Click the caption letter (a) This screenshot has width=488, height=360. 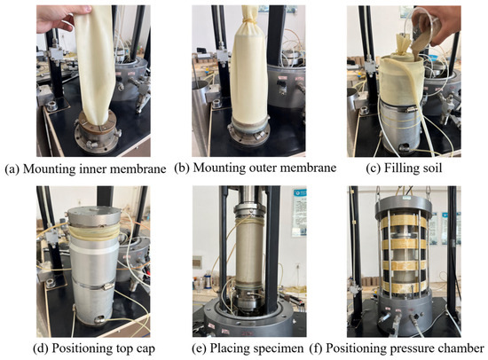[12, 169]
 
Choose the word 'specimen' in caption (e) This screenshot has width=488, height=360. [279, 348]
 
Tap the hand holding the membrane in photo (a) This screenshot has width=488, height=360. [61, 18]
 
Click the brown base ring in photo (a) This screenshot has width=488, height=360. [97, 124]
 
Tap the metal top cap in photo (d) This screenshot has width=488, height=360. [94, 216]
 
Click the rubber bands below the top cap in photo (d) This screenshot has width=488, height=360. [94, 233]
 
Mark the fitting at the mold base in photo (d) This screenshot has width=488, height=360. [100, 319]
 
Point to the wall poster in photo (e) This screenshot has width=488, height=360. [299, 213]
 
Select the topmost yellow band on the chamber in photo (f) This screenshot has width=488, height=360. [404, 222]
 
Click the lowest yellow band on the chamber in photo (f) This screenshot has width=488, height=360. [404, 287]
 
